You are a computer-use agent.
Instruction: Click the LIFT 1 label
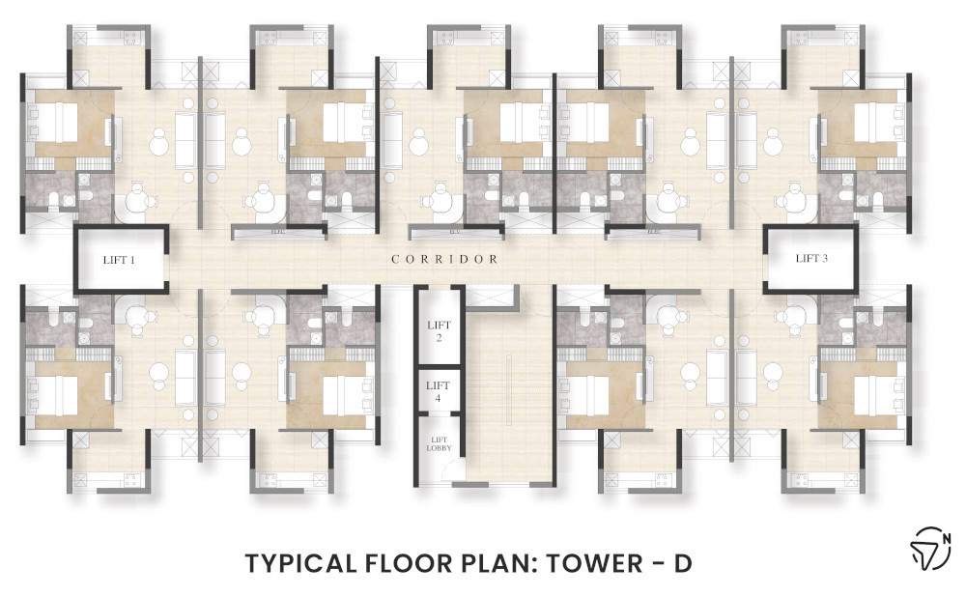121,259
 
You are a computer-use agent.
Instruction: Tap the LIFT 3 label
811,258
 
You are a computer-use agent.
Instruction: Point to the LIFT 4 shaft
440,391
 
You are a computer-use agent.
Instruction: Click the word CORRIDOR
445,259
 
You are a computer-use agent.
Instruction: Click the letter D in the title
683,562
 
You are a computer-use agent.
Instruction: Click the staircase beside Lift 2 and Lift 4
508,386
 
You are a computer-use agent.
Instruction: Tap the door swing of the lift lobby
446,470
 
